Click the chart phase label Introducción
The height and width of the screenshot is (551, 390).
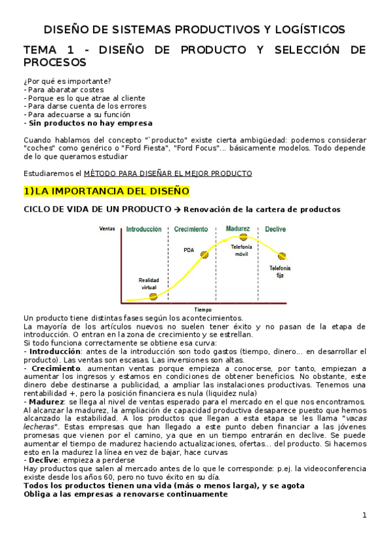(144, 229)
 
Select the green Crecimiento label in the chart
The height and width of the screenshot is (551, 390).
(191, 229)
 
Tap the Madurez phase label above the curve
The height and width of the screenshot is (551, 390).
(238, 229)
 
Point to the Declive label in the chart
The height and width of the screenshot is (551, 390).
(275, 229)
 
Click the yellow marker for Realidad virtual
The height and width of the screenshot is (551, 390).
(153, 297)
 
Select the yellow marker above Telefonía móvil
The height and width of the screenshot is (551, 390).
(244, 238)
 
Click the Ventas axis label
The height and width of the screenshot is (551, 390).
(107, 229)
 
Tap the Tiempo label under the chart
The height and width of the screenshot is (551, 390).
(203, 309)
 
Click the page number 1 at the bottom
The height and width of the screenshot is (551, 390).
(365, 515)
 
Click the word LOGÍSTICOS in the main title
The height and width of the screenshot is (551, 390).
(309, 30)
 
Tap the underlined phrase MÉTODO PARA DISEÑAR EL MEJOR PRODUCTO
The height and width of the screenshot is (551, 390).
(168, 173)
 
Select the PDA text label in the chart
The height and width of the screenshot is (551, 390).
(189, 249)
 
